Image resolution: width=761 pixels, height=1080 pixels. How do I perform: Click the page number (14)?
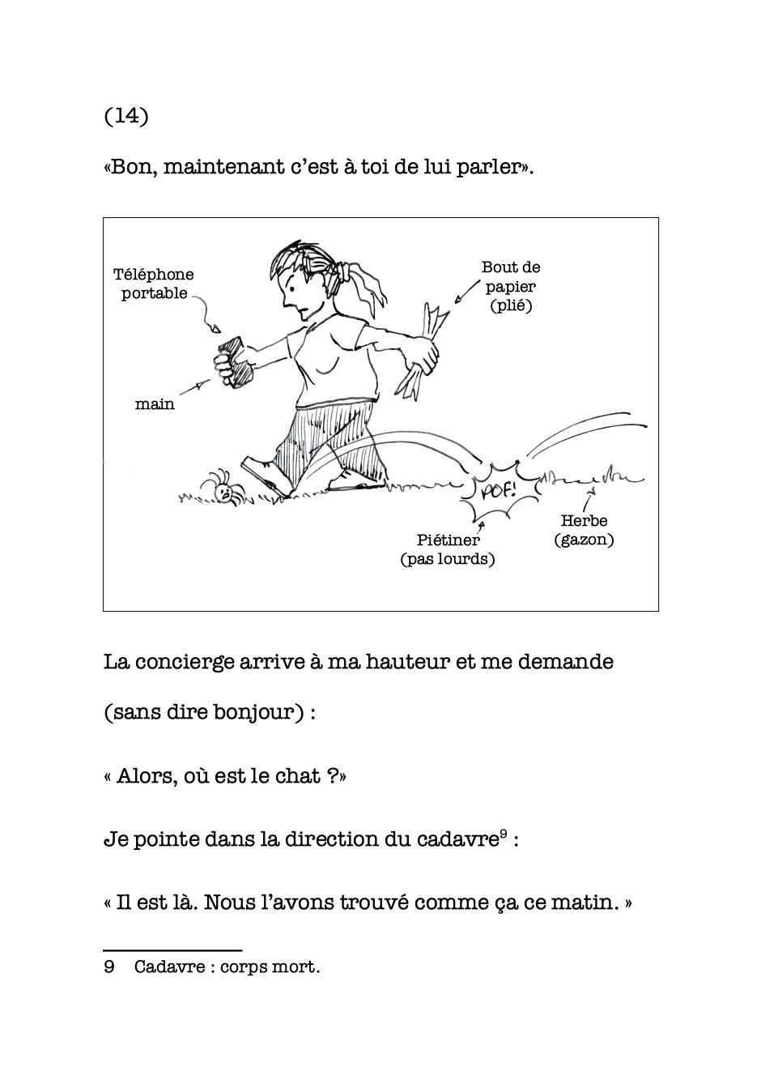click(126, 116)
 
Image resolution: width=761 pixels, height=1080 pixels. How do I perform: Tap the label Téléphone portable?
click(154, 284)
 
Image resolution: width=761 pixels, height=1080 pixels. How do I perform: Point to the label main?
click(155, 403)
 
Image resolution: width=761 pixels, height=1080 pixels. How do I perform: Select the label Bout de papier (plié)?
click(511, 286)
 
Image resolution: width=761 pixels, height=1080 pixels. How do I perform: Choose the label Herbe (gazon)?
click(584, 530)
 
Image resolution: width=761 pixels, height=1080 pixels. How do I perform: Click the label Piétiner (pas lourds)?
click(448, 549)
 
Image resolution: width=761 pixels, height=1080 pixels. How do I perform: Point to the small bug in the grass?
click(223, 489)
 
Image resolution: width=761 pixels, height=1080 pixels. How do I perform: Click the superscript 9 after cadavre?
click(504, 833)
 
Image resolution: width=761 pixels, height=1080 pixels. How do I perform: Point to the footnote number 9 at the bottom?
click(109, 967)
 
